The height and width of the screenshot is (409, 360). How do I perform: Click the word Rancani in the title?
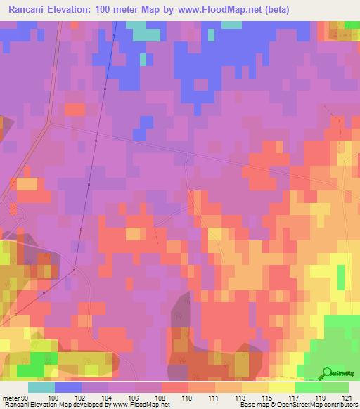pos(31,11)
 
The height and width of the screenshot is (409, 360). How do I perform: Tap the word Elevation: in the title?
pos(80,11)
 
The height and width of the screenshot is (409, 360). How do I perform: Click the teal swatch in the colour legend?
pos(41,387)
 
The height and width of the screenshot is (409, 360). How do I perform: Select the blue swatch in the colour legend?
pos(68,387)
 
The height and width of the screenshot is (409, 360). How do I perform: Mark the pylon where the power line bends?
pos(75,268)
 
